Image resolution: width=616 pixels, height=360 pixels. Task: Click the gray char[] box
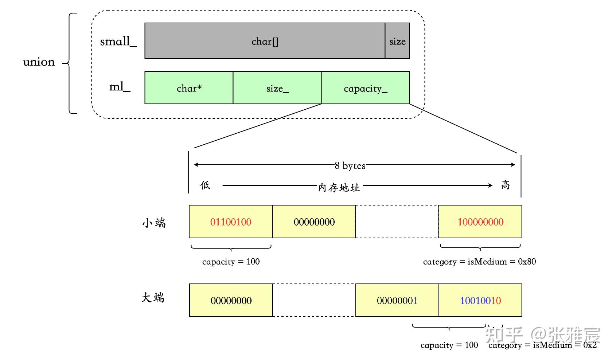pos(265,41)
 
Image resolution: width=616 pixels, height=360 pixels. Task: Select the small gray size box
pos(397,41)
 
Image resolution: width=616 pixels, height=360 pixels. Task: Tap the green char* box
pos(189,88)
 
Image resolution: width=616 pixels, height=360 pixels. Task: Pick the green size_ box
pos(277,88)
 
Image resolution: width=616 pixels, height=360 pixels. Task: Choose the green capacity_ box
pos(366,88)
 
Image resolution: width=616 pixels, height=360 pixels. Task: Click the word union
pos(39,62)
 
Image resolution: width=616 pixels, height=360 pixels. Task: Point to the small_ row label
pos(118,42)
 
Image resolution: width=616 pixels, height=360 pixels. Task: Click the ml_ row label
pos(120,87)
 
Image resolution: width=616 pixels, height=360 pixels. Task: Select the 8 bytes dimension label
pos(350,165)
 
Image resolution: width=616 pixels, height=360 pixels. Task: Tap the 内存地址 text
pos(339,187)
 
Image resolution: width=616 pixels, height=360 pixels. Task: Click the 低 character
pos(206,185)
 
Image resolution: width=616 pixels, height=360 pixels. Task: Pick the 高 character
pos(506,185)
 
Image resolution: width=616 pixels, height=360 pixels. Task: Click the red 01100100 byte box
pos(231,222)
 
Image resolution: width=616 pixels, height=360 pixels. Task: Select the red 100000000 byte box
pos(480,222)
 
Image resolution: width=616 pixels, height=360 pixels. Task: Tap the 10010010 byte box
pos(480,300)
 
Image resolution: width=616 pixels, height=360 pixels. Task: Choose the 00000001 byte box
pos(397,300)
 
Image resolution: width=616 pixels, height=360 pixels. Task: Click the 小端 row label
pos(154,223)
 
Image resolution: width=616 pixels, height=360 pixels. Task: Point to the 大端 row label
pos(153,298)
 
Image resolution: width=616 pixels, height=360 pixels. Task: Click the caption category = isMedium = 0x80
pos(479,261)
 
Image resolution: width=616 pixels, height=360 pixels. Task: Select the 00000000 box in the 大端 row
pos(231,300)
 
